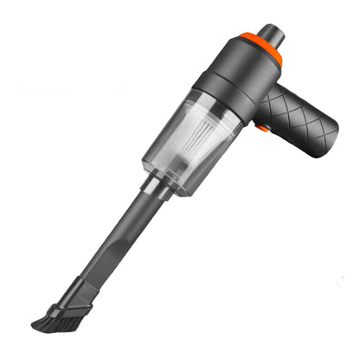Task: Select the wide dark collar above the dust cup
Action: (x=221, y=95)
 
